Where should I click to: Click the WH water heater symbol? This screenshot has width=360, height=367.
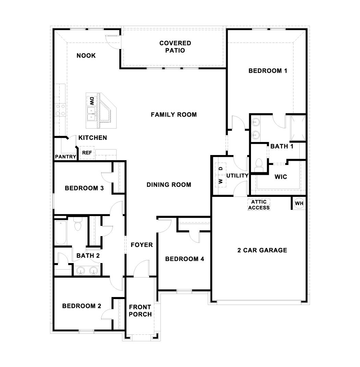299,203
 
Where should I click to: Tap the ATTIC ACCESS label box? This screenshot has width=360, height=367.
259,205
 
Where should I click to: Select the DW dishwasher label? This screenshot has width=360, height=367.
92,100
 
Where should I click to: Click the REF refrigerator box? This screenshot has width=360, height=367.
87,153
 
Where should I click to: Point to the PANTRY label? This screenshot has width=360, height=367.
65,157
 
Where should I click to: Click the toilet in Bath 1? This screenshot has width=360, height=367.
259,164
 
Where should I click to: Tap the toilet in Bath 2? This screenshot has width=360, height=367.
78,224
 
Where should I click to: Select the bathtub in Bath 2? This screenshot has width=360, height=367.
61,232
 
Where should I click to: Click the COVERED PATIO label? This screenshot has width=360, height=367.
175,47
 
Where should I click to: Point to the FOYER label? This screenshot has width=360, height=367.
142,245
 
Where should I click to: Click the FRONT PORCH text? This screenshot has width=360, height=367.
140,310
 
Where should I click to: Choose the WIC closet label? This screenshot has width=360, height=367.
281,177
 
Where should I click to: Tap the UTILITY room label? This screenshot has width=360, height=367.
237,176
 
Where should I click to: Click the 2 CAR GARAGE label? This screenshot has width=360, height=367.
262,250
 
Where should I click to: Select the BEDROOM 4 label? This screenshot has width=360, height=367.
184,259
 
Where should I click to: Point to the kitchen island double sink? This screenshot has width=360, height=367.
91,114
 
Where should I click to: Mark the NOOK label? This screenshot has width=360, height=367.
86,56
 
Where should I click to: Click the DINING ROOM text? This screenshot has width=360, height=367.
169,185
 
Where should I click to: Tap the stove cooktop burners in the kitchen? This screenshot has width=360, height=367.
61,110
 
